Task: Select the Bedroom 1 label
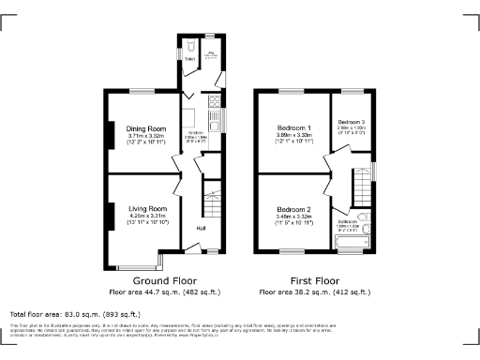coord(293,127)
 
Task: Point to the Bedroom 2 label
coord(293,209)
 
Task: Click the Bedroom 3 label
coord(352,122)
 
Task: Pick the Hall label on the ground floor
coord(201,228)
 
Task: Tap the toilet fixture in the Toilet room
coord(189,45)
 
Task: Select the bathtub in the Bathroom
coord(353,245)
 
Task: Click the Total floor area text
coord(74,312)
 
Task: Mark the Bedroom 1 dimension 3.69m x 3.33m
coord(293,136)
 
